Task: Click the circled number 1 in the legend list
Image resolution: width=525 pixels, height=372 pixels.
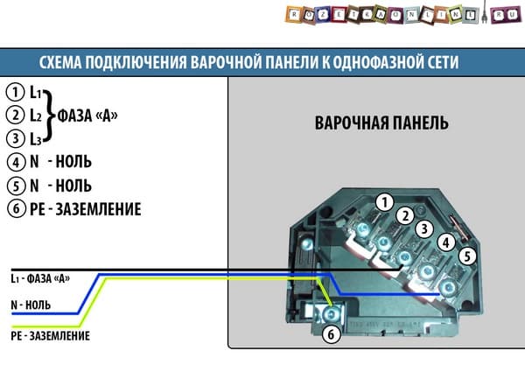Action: (14, 92)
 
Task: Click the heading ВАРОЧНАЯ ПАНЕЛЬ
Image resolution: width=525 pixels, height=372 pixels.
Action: (381, 123)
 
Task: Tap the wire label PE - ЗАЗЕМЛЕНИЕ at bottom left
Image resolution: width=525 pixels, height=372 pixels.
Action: (50, 335)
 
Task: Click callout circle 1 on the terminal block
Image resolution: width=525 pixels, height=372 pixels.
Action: (382, 203)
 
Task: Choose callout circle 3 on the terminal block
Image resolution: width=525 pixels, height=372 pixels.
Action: (423, 229)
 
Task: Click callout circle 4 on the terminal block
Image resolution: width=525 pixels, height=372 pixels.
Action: (445, 242)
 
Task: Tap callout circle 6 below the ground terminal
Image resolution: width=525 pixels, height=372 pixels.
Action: (331, 333)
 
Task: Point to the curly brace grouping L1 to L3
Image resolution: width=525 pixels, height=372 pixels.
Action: (50, 115)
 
